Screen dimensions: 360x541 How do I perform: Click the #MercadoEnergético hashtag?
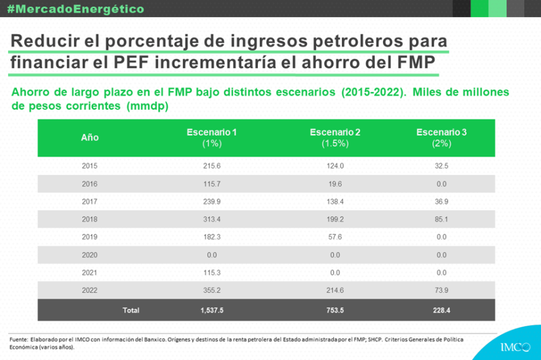[x=75, y=9]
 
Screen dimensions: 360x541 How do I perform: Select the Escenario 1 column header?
[x=212, y=138]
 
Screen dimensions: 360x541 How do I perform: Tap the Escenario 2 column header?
[x=335, y=138]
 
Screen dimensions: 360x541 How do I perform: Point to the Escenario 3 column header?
[x=441, y=138]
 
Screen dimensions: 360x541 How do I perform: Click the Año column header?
[x=90, y=138]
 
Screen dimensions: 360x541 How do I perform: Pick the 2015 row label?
[x=90, y=166]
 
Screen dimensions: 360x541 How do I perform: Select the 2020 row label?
[x=90, y=255]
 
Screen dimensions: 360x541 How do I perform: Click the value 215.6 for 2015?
[x=212, y=166]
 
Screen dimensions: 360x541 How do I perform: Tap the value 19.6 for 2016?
[x=335, y=184]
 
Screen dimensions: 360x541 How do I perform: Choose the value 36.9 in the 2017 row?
[x=441, y=201]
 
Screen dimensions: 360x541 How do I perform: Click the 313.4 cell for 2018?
[x=212, y=219]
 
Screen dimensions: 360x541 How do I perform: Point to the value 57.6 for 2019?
[x=335, y=237]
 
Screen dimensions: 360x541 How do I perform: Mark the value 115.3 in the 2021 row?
[x=212, y=272]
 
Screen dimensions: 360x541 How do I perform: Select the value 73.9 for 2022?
[x=441, y=290]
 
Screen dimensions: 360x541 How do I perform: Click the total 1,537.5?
[x=212, y=310]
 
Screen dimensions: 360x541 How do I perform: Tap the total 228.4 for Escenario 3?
[x=441, y=310]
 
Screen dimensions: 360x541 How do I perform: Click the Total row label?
[x=131, y=310]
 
